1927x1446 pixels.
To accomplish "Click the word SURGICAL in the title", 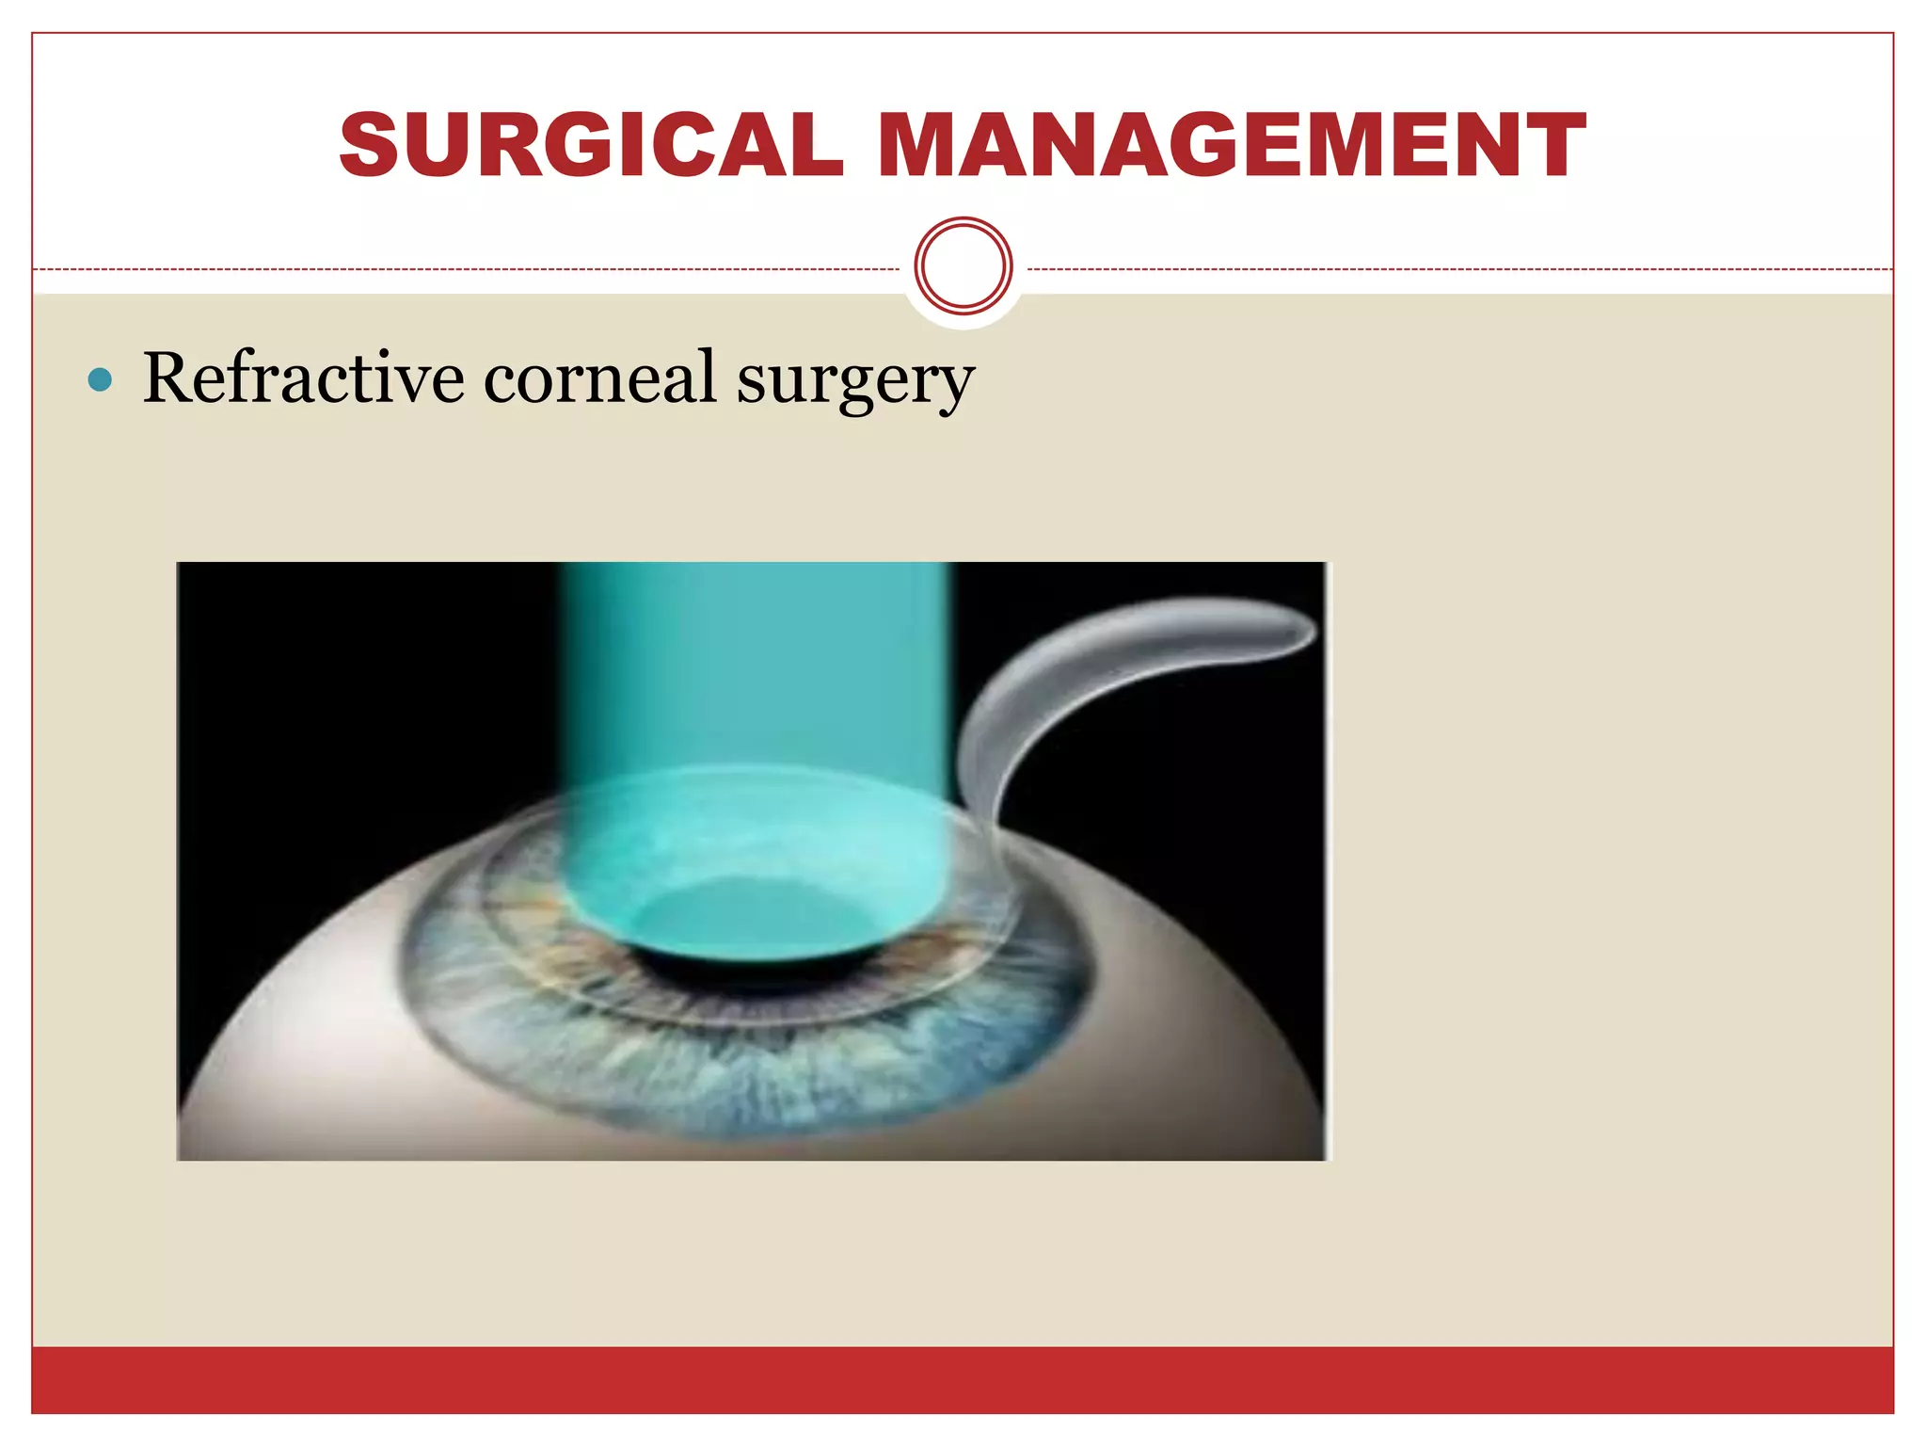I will tap(591, 145).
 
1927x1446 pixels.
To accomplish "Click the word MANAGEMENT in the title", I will tap(1232, 145).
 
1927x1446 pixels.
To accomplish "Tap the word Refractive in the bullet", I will tap(303, 378).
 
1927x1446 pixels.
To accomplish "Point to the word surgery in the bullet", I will tap(854, 381).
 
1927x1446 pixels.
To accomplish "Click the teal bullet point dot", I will tap(100, 380).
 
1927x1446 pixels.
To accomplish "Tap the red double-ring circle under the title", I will tap(963, 266).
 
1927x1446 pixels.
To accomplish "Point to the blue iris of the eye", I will tap(753, 1073).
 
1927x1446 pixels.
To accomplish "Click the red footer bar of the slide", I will tap(963, 1379).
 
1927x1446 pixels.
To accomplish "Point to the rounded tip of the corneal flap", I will tap(1303, 626).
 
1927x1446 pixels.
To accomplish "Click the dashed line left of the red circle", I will tap(470, 270).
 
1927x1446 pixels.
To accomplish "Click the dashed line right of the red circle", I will tap(1458, 270).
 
